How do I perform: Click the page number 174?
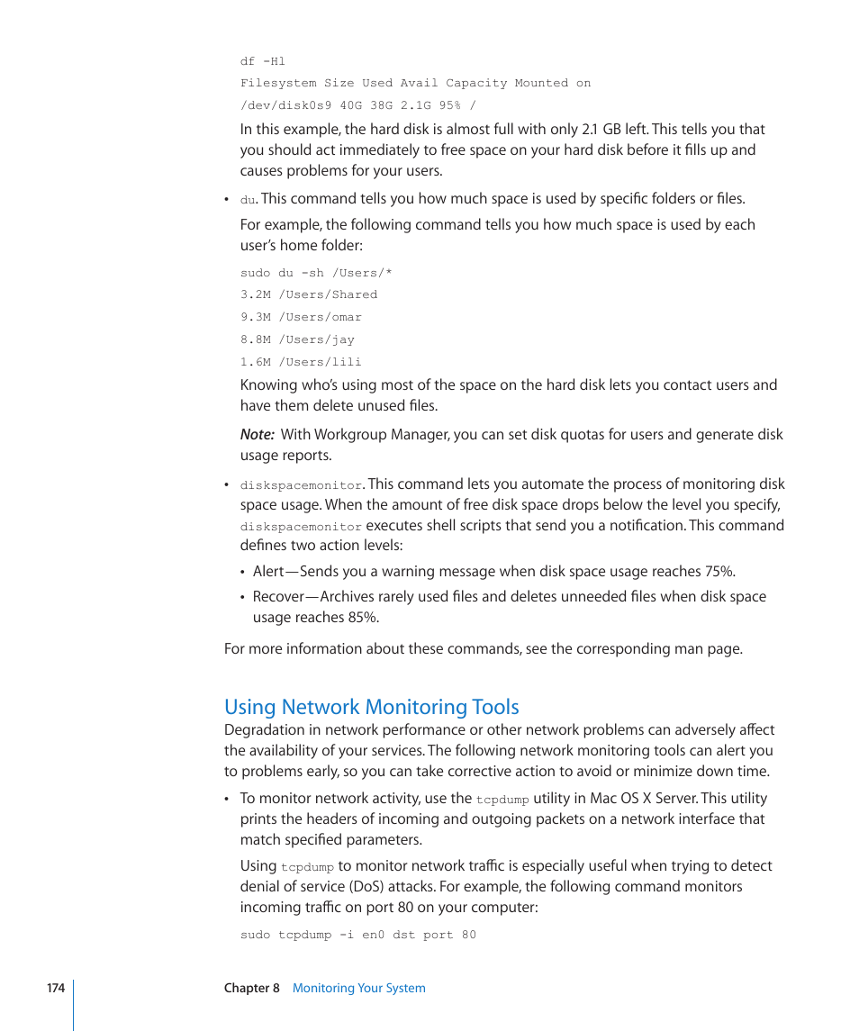coord(56,988)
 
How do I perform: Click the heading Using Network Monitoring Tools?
coord(371,707)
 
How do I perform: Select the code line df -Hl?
coord(262,61)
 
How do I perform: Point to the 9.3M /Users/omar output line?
coord(301,317)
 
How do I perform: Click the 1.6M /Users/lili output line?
coord(301,362)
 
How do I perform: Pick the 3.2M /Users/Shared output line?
coord(309,294)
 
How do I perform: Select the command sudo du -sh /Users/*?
coord(316,273)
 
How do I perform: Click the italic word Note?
coord(257,435)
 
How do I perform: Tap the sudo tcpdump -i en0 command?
coord(357,935)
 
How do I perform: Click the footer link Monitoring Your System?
coord(358,988)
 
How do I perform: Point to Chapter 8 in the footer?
coord(252,988)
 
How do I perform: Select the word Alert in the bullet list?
coord(268,572)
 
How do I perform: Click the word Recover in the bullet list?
coord(278,597)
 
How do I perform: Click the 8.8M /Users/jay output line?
coord(297,339)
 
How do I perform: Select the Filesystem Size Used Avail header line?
coord(415,83)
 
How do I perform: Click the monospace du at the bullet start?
coord(248,200)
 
